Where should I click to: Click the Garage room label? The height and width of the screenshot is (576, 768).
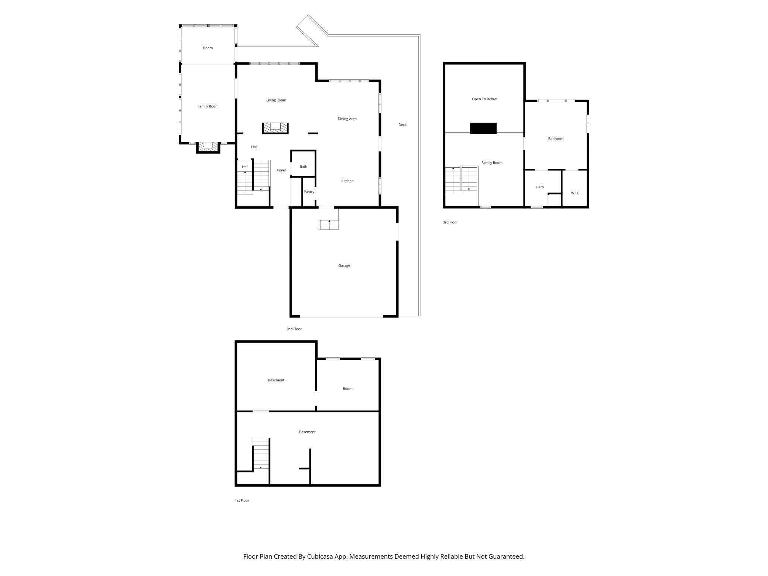tap(344, 265)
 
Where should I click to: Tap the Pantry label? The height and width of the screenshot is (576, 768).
tap(309, 192)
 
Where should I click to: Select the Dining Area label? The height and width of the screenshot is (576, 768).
tap(347, 119)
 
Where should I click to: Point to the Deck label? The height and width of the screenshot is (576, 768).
tap(402, 125)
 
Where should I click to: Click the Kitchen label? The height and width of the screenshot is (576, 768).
tap(347, 181)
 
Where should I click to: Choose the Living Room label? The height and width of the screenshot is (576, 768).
tap(276, 100)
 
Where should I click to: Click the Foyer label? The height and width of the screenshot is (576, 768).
tap(282, 170)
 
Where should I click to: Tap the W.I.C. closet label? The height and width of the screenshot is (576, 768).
tap(576, 193)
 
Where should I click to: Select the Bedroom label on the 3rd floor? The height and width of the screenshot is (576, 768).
tap(556, 139)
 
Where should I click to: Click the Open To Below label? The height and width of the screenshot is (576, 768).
tap(484, 99)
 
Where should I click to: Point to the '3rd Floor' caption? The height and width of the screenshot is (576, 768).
tap(450, 222)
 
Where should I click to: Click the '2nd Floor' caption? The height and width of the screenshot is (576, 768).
tap(294, 329)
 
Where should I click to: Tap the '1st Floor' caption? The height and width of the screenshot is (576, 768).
tap(242, 500)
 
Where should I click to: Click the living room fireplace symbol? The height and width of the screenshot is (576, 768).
tap(275, 128)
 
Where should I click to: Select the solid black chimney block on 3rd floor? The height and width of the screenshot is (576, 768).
tap(483, 128)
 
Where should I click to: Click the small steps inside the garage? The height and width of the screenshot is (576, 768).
tap(329, 224)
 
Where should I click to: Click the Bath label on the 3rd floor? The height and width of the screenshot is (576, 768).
tap(540, 187)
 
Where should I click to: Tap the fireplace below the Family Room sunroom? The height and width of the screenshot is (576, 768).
tap(208, 147)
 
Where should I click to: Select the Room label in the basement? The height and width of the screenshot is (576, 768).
tap(347, 389)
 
